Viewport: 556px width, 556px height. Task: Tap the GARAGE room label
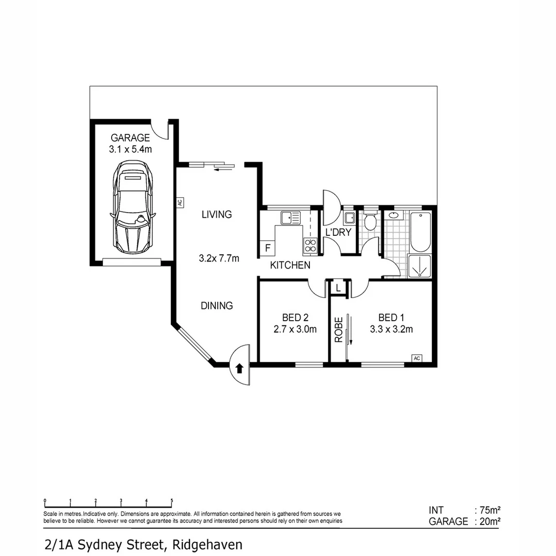(130, 138)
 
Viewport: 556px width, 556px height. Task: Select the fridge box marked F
(267, 248)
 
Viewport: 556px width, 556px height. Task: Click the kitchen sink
(290, 218)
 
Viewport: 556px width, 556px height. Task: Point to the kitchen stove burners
(310, 245)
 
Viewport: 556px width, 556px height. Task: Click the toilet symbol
(369, 222)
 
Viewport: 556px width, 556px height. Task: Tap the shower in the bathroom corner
(420, 266)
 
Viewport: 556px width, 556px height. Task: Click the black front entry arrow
(239, 368)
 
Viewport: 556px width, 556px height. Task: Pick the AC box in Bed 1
(417, 358)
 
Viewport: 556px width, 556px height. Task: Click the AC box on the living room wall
(180, 203)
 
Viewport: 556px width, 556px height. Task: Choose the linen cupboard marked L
(338, 288)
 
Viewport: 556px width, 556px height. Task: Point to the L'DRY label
(338, 232)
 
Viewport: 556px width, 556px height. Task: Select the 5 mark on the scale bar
(171, 500)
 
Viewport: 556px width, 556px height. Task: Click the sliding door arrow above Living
(223, 168)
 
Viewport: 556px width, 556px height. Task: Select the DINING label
(217, 306)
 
